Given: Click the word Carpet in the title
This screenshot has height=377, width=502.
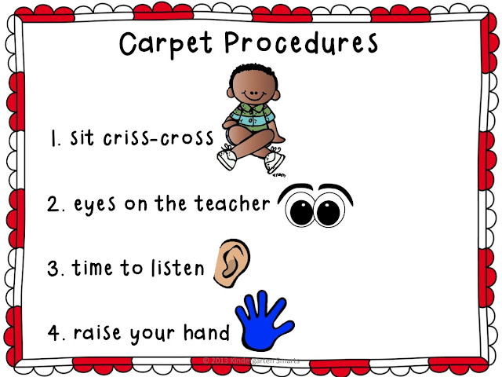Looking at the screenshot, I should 164,44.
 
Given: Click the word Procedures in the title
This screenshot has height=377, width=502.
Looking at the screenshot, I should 297,44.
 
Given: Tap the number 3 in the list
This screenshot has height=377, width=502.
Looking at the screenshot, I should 53,268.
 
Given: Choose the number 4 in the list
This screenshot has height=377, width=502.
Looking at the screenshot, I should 53,332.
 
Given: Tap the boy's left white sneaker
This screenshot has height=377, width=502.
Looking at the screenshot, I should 226,162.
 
